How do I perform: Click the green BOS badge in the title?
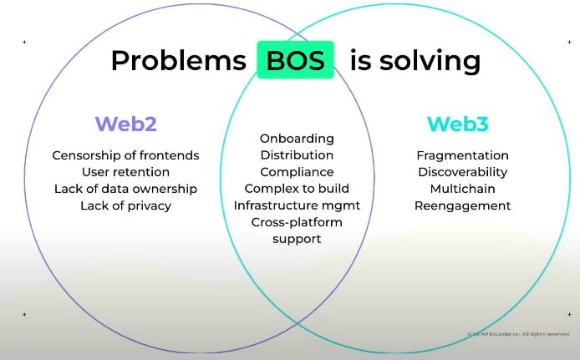(x=295, y=60)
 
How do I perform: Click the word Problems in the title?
(x=179, y=61)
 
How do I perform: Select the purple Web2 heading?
(x=125, y=124)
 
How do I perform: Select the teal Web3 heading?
(x=458, y=124)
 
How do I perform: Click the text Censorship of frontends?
(x=125, y=155)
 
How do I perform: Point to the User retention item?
(x=125, y=172)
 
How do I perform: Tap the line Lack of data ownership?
(x=125, y=189)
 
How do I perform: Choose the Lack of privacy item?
(x=125, y=205)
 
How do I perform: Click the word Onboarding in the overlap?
(x=297, y=138)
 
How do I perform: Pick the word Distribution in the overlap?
(x=297, y=155)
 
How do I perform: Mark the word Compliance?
(x=297, y=171)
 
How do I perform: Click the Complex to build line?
(x=297, y=188)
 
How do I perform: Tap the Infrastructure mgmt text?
(x=297, y=205)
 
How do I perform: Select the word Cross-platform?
(x=297, y=222)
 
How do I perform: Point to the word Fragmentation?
(x=462, y=155)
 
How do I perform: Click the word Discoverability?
(x=462, y=172)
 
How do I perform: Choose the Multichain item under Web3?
(x=462, y=189)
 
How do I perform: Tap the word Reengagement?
(x=462, y=205)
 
